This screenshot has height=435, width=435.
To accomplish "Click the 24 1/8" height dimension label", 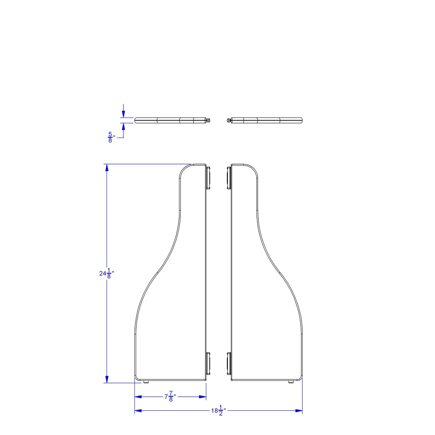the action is [x=107, y=273].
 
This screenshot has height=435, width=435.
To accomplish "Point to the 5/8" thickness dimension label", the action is [x=111, y=137].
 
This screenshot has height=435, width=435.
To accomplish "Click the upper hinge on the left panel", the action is [x=208, y=178].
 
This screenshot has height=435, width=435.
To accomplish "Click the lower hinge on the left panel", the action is [x=208, y=364].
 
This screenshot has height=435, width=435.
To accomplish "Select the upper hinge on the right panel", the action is [x=229, y=178].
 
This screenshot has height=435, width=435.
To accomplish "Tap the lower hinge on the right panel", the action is [x=229, y=364].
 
